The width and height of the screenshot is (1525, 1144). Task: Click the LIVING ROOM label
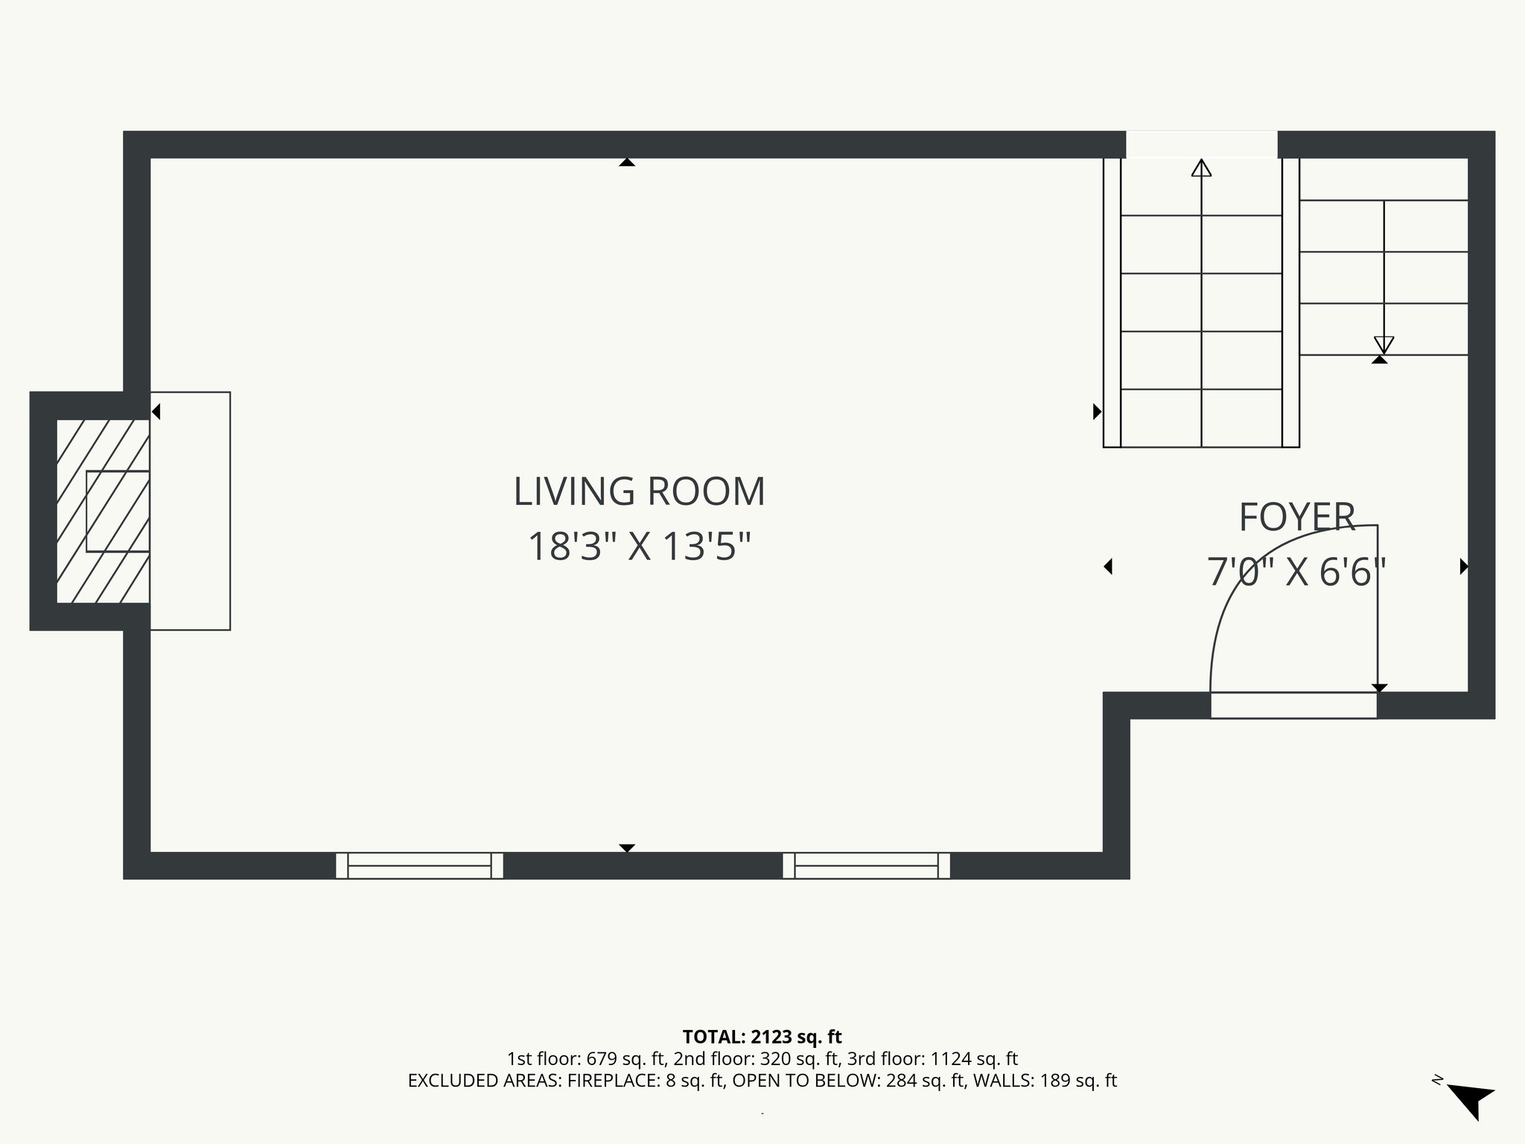tap(639, 492)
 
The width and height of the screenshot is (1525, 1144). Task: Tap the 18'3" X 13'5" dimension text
tap(639, 547)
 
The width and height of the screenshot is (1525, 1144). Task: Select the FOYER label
tap(1296, 518)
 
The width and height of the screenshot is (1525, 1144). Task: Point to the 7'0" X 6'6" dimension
tap(1296, 573)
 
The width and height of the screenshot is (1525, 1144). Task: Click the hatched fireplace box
tap(103, 511)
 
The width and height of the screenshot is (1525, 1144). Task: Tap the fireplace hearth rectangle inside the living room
tap(191, 511)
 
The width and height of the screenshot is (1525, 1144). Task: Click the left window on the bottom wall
tap(419, 865)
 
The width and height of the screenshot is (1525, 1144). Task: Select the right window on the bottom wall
tap(866, 865)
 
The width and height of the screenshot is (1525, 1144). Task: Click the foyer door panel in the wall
tap(1293, 705)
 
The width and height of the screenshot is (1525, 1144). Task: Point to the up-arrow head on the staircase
tap(1201, 168)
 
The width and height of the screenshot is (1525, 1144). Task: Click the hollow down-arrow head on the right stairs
tap(1384, 345)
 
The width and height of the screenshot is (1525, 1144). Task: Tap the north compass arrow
tap(1471, 1099)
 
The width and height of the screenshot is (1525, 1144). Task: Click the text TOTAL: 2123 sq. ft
tap(762, 1037)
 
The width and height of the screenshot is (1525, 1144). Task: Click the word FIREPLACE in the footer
tap(611, 1081)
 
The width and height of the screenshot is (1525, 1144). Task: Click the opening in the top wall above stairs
tap(1201, 144)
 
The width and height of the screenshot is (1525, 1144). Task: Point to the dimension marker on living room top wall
tap(627, 162)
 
